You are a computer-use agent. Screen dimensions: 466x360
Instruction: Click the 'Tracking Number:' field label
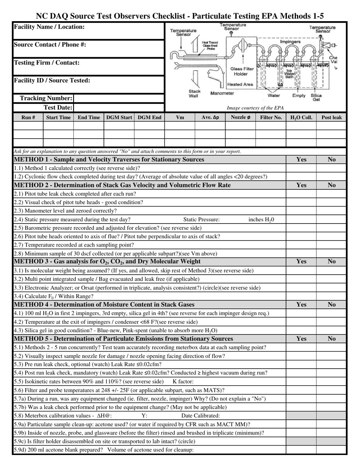click(46, 99)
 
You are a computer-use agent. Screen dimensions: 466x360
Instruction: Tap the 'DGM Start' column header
click(119, 117)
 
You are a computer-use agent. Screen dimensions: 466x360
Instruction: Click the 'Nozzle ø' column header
click(240, 117)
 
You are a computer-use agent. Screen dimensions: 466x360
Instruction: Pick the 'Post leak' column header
click(331, 117)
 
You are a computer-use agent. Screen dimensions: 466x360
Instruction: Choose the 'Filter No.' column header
click(271, 117)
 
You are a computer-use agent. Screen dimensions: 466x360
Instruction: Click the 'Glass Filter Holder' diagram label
click(242, 72)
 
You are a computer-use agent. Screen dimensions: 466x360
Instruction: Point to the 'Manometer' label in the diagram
click(222, 93)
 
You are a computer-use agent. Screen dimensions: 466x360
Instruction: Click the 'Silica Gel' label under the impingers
click(316, 97)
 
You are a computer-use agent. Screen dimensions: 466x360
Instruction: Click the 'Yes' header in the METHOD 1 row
click(301, 160)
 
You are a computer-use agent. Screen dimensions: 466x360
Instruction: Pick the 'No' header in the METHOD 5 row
click(331, 339)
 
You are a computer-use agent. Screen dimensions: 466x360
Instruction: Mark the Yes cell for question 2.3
click(301, 211)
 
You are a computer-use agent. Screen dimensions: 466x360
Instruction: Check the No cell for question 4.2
click(331, 322)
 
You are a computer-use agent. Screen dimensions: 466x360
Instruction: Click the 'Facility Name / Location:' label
click(49, 27)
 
